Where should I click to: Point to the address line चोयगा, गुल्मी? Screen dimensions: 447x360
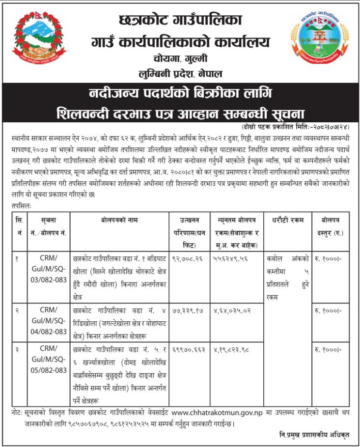tap(180, 59)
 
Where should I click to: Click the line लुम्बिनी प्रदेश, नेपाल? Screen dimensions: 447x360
tap(180, 74)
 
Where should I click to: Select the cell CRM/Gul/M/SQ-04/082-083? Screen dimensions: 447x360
tap(49, 320)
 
